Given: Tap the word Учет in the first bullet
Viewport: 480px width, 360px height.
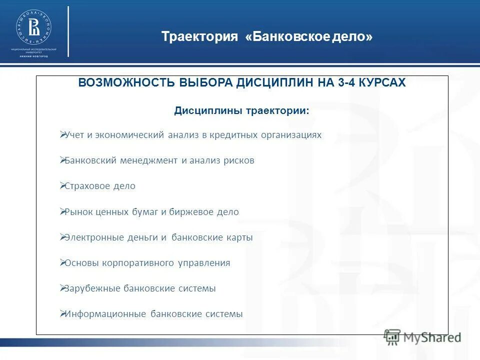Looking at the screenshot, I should pyautogui.click(x=75, y=135).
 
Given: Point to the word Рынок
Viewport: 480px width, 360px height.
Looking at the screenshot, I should pyautogui.click(x=78, y=212).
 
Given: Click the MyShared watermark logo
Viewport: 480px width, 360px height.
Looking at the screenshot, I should pyautogui.click(x=422, y=337).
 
